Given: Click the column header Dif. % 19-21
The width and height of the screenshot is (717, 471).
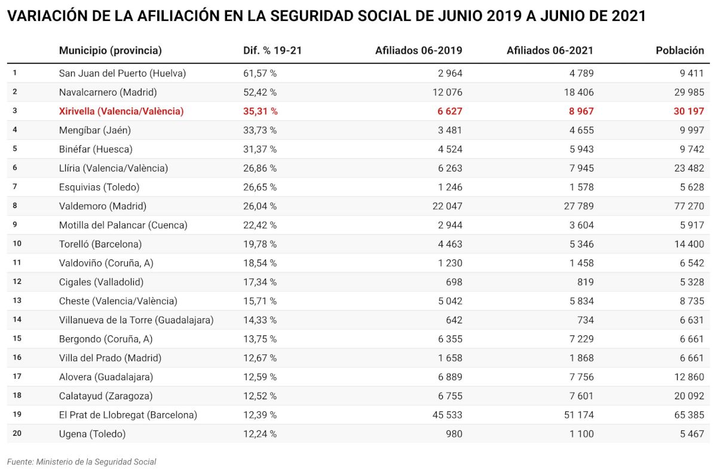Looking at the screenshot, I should click(272, 51).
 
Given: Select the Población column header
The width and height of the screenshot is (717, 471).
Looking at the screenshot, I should click(679, 51).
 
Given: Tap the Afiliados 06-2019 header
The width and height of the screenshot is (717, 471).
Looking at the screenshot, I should click(418, 51).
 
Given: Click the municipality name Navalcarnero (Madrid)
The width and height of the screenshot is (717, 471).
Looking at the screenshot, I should click(108, 92).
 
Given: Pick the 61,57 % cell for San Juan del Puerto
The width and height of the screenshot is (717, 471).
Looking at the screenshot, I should click(260, 74).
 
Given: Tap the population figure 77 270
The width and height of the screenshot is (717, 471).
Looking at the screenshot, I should click(689, 206).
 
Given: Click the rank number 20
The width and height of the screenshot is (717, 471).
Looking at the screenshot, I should click(17, 434).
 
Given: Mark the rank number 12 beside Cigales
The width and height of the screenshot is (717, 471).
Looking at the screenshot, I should click(17, 282).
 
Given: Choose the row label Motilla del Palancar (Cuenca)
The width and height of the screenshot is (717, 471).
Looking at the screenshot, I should click(123, 225).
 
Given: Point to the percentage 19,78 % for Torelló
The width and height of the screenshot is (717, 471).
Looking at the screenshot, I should click(260, 244).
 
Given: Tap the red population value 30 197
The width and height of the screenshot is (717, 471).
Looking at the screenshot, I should click(689, 111).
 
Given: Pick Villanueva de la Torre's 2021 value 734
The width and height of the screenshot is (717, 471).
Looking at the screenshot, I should click(584, 320).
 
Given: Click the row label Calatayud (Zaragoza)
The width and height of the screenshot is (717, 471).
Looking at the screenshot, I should click(106, 396).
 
